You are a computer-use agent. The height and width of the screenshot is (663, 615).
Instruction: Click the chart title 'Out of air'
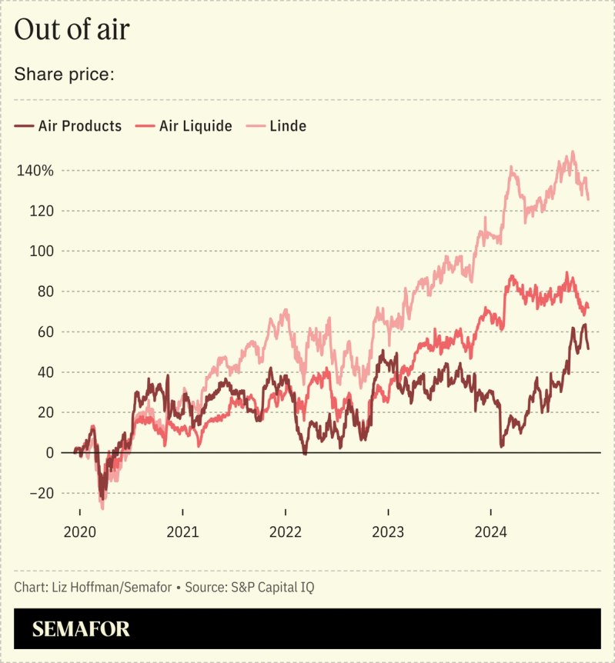click(x=72, y=30)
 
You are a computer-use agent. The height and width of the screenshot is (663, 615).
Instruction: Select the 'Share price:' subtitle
click(x=64, y=75)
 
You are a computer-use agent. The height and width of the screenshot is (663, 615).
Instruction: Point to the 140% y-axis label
click(x=35, y=171)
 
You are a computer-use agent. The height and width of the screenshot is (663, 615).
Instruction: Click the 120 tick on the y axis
click(x=41, y=211)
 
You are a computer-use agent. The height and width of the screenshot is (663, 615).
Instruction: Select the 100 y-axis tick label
click(x=41, y=252)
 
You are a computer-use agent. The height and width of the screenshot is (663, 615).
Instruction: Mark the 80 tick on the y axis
click(x=45, y=292)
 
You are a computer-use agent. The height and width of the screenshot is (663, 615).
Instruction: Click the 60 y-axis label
click(x=45, y=332)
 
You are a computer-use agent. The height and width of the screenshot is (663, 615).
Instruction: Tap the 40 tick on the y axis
click(x=45, y=372)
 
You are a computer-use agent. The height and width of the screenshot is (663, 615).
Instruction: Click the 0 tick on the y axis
click(x=49, y=453)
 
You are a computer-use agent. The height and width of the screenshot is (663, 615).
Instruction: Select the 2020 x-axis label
click(x=80, y=531)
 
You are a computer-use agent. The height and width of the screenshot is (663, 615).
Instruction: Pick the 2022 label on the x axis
click(x=286, y=531)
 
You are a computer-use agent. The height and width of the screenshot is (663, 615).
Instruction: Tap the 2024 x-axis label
click(x=491, y=531)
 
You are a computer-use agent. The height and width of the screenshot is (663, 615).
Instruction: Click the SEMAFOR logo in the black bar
click(x=81, y=629)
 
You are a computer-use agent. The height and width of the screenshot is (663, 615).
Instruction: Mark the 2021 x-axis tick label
click(x=182, y=531)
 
